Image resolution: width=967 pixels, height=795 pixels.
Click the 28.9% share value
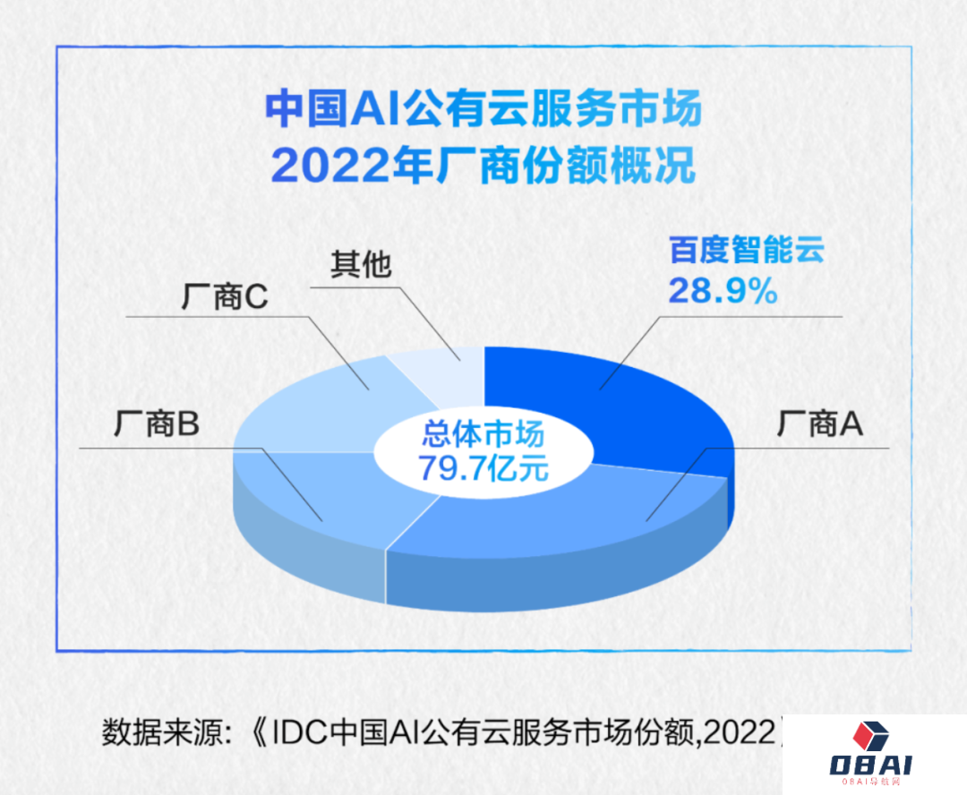723,290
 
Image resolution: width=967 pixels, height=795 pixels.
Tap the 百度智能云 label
747,251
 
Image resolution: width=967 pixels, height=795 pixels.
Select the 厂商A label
819,423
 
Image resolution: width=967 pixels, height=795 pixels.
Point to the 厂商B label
157,423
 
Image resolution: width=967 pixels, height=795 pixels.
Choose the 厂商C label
225,296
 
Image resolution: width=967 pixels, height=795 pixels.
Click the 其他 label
361,265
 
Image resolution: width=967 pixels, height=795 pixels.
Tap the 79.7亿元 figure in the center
483,468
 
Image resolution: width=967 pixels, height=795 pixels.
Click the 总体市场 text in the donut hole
483,434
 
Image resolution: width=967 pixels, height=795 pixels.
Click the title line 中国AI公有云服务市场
483,108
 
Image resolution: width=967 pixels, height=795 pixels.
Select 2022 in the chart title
330,166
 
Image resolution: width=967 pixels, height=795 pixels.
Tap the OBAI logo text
871,765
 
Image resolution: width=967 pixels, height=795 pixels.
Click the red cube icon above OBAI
870,736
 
